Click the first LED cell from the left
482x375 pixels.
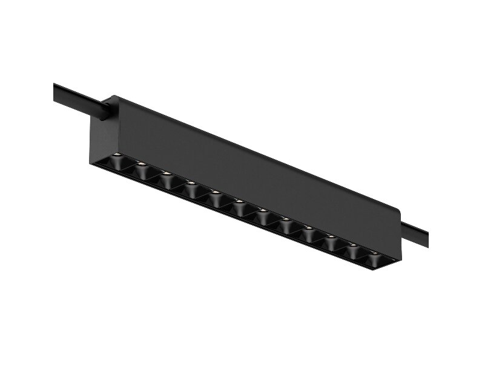(x=116, y=163)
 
